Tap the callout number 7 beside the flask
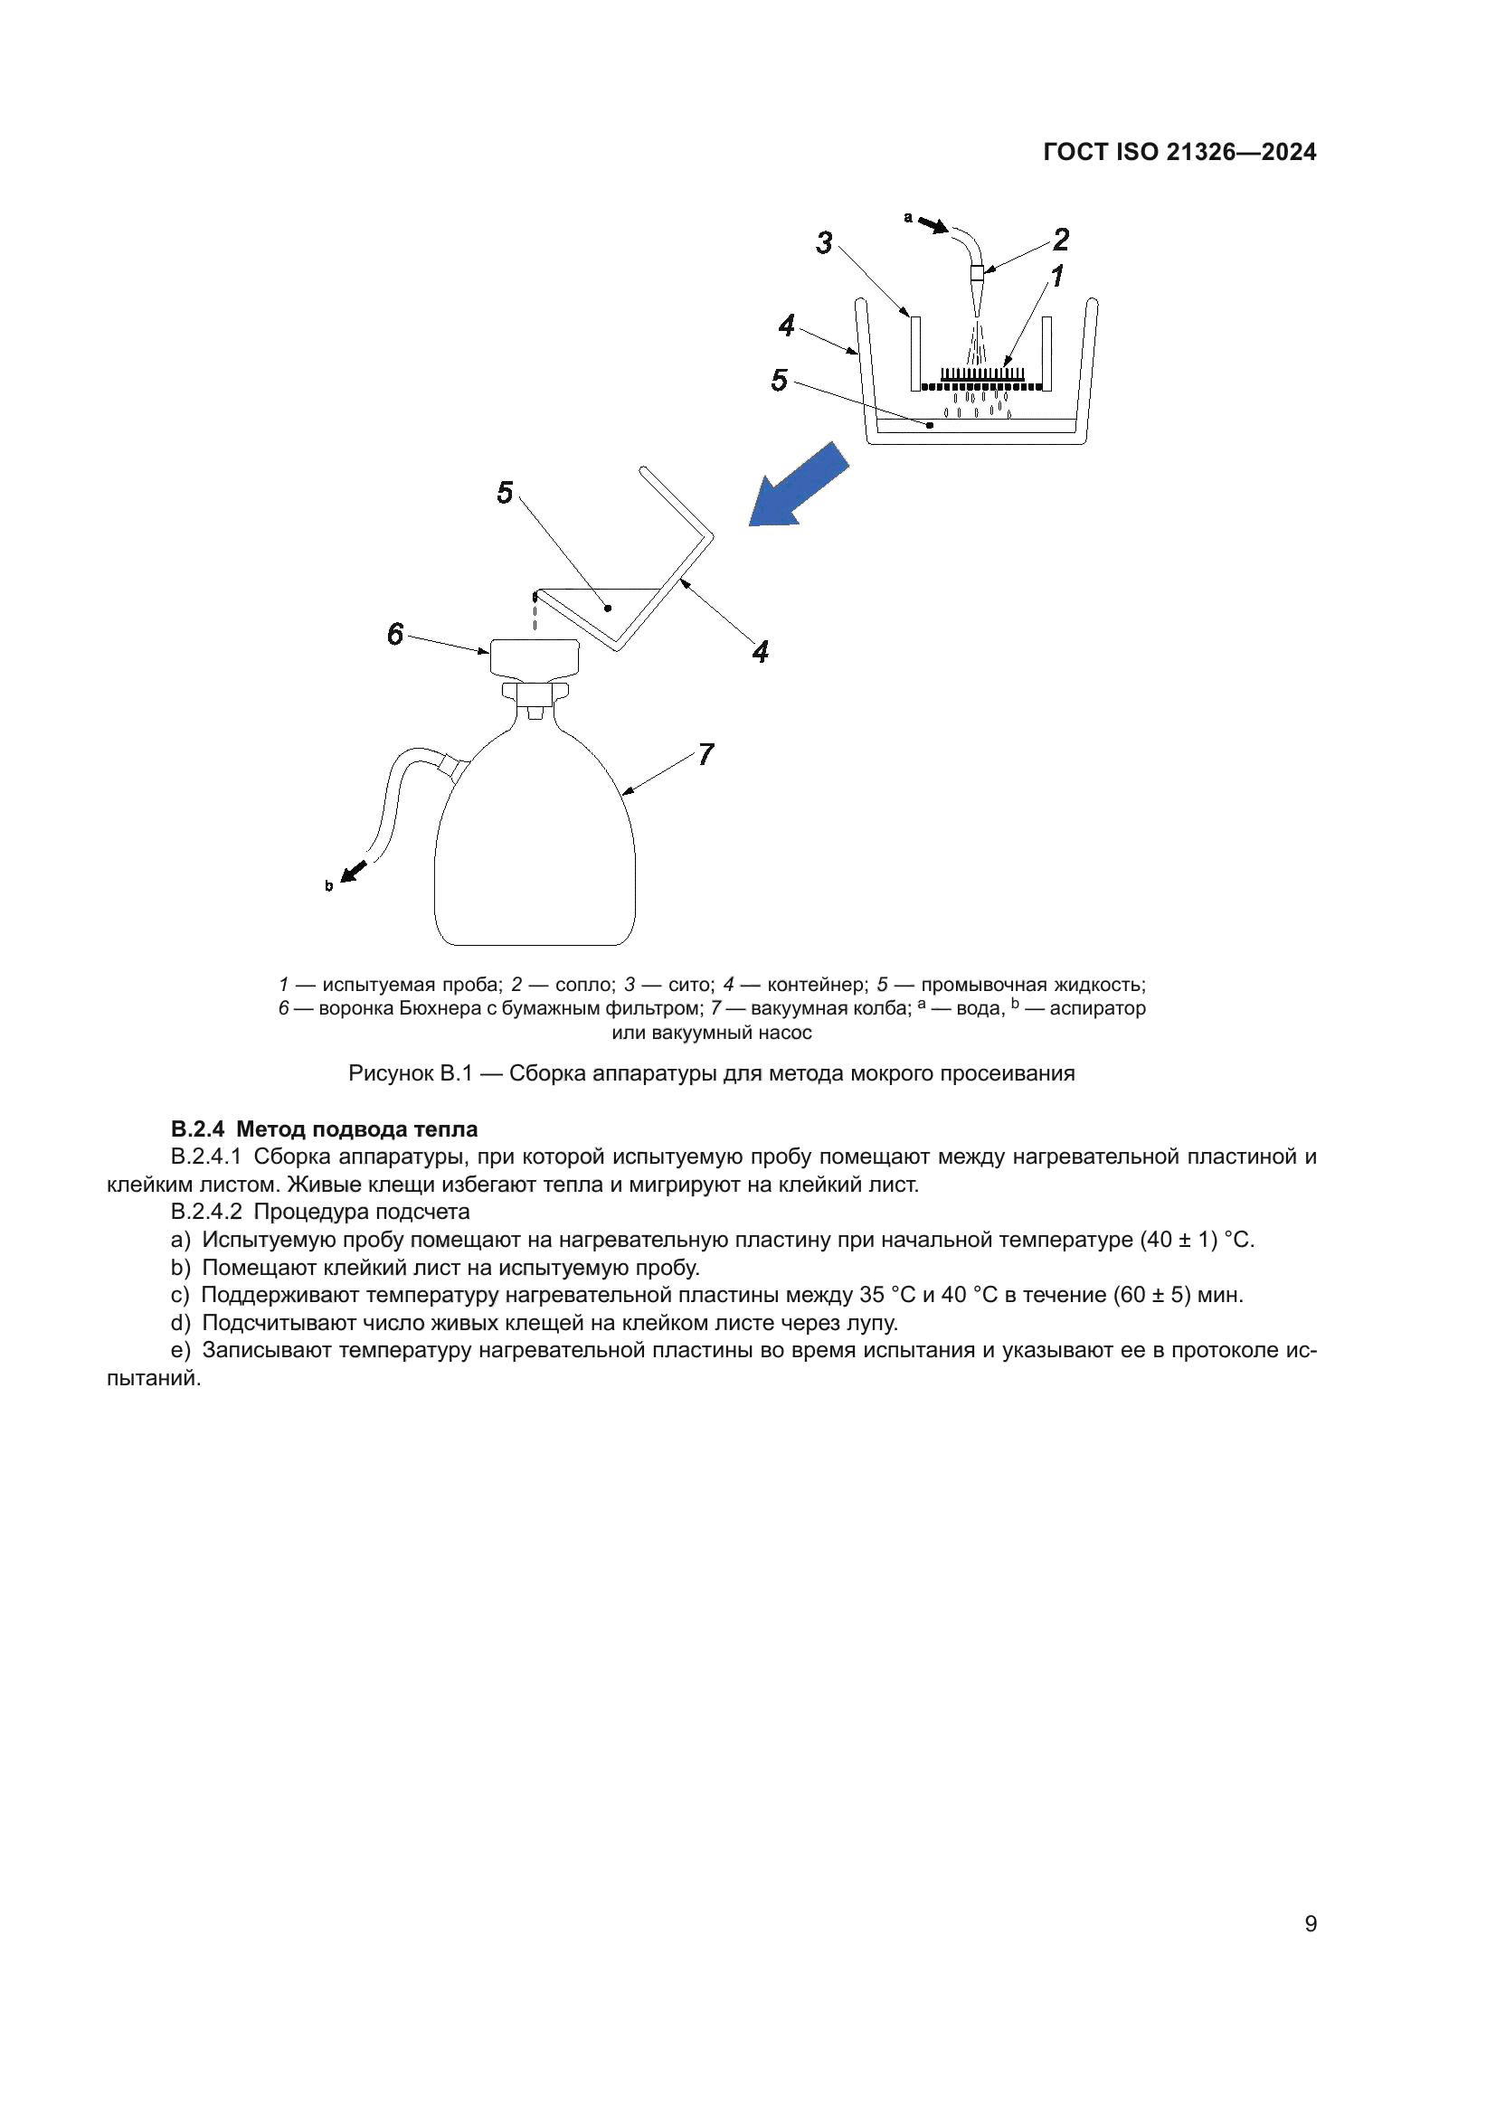[705, 754]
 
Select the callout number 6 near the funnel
[395, 634]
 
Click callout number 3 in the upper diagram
[824, 243]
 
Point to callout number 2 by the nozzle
[1060, 240]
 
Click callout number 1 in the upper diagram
[1056, 276]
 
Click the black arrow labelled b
[354, 871]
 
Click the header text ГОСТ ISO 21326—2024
[1179, 153]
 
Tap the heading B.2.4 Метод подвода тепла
[325, 1129]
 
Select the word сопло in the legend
[585, 985]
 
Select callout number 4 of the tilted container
[760, 652]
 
